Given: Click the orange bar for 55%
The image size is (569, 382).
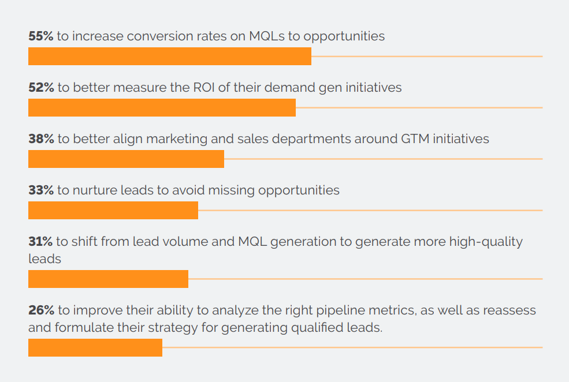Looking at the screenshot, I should tap(170, 56).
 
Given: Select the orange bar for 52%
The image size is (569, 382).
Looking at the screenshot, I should tap(162, 107).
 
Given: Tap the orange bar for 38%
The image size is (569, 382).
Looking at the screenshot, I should tap(126, 159).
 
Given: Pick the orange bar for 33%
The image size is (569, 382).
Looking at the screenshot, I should tap(113, 210).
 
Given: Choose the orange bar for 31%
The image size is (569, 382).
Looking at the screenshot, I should tap(108, 279).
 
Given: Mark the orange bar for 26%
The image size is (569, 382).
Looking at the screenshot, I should tap(95, 347).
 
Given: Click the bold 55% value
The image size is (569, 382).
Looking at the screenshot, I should tap(40, 36).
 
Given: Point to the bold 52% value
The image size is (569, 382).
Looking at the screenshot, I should tap(41, 88).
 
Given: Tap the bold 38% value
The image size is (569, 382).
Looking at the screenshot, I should tap(41, 139).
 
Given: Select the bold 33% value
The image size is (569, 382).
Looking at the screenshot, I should tap(40, 190).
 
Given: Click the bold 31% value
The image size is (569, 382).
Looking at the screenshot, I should tap(40, 241).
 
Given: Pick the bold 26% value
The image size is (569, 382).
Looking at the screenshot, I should tap(41, 310).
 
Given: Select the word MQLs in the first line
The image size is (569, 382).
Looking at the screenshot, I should tap(267, 36).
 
